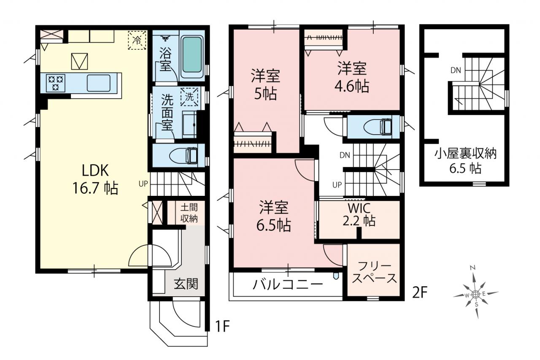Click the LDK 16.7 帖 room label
coord(95,179)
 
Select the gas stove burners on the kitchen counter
coord(56,83)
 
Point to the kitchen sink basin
coord(99,83)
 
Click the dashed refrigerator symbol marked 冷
coord(137,40)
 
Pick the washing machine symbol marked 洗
coord(189,97)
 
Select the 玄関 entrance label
coord(186,283)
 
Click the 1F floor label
coord(222,326)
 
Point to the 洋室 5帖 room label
coord(265,85)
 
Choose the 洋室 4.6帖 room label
coord(352,77)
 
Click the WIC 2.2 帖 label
coord(359,214)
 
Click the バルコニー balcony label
coord(288,284)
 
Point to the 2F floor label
coord(420,293)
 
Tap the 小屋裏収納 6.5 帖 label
coord(465,161)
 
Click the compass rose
coord(475,294)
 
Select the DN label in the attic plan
coord(456,70)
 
